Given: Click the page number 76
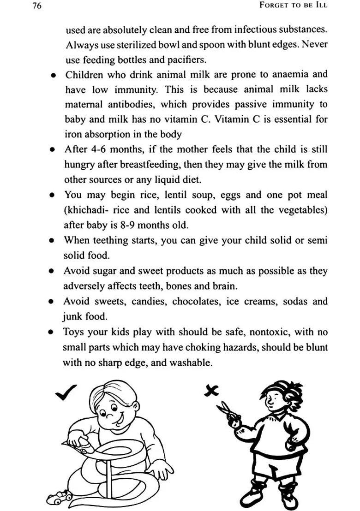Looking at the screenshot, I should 37,6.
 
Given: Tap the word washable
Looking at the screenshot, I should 190,362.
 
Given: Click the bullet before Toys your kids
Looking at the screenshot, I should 54,333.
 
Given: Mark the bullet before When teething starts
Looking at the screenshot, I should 54,241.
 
